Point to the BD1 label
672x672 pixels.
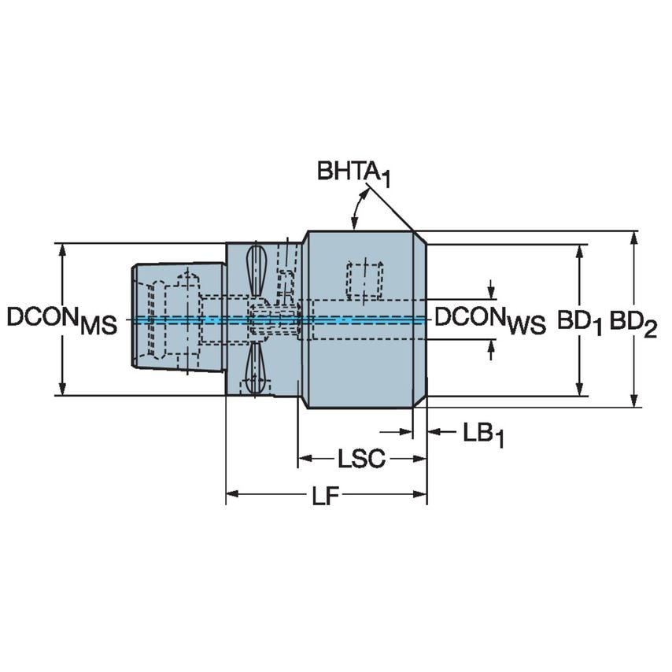pyautogui.click(x=580, y=320)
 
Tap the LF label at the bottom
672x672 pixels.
pyautogui.click(x=325, y=497)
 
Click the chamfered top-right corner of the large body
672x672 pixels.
pyautogui.click(x=420, y=237)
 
